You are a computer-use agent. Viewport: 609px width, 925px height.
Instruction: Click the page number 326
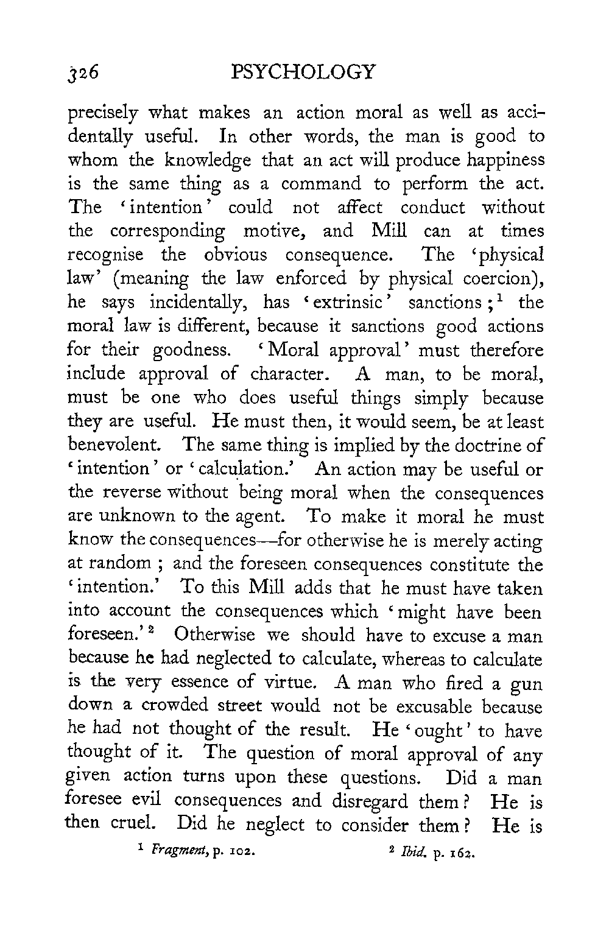[87, 74]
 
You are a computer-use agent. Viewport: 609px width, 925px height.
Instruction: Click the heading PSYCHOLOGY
[304, 72]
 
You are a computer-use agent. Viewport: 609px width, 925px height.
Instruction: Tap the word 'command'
[321, 185]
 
